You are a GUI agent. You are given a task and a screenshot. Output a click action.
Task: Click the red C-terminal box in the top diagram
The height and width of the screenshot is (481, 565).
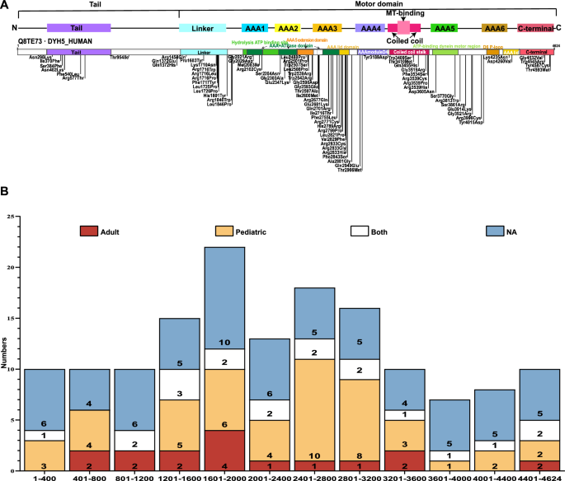(535, 28)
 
